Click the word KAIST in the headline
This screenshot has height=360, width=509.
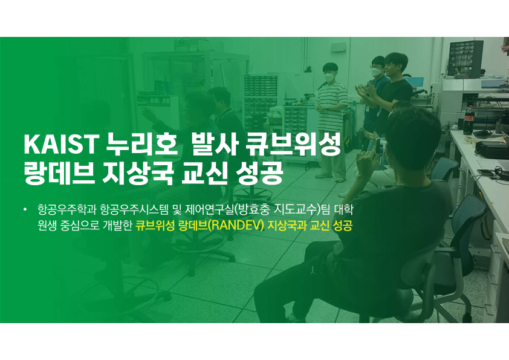pos(61,144)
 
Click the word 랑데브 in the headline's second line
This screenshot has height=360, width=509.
pos(59,173)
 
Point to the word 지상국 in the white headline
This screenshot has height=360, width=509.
pos(138,173)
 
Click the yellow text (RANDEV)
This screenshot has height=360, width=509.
pos(235,225)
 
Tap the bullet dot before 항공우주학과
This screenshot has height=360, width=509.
pos(25,209)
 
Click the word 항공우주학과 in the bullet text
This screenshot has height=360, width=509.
pos(67,209)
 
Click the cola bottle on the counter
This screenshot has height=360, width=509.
pos(468,120)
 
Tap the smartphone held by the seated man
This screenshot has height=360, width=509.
pos(380,146)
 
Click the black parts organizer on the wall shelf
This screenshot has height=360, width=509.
pos(465,59)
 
